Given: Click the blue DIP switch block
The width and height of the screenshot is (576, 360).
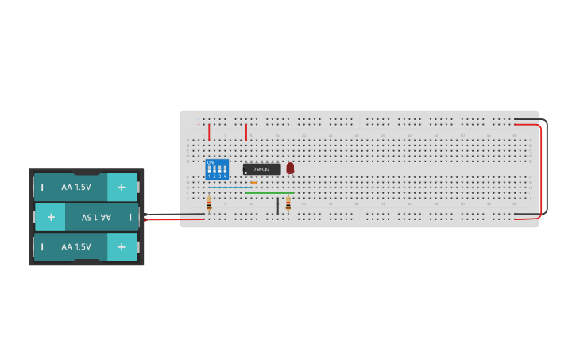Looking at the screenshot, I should [217, 169].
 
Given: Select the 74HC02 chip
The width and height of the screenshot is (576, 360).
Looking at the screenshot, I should [261, 169].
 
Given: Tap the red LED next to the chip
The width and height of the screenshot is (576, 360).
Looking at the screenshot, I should [290, 168].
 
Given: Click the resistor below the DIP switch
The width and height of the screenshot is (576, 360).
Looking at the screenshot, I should [209, 204].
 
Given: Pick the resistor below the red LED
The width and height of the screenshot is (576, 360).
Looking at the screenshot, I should [288, 204].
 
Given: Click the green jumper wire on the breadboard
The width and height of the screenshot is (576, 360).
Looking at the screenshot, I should [269, 192].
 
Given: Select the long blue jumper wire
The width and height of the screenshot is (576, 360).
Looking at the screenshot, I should [230, 188].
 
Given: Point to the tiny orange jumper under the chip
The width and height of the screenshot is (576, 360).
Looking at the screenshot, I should [253, 182].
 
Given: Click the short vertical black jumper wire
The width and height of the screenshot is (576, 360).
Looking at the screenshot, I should [277, 205].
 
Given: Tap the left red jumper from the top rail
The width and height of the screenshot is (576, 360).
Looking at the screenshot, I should [209, 131].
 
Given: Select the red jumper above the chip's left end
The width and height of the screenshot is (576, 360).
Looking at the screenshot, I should [246, 131].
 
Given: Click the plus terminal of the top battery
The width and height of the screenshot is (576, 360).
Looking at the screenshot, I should [122, 187].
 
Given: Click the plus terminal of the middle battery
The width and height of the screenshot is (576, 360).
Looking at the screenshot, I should [50, 216].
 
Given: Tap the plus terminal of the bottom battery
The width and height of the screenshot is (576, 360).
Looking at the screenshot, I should [122, 246].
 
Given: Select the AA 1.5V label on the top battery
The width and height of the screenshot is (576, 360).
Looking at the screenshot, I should [76, 187].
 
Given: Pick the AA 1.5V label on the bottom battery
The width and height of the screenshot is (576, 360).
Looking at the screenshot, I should [76, 246].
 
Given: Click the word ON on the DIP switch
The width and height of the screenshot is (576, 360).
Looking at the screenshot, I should [211, 161].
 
